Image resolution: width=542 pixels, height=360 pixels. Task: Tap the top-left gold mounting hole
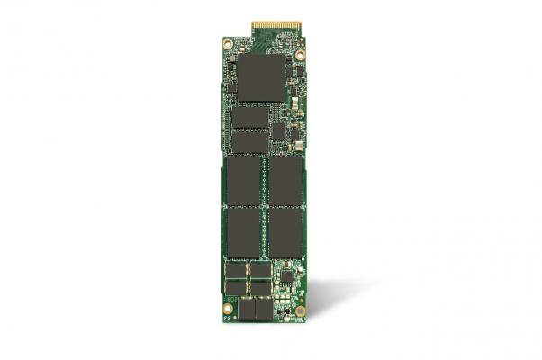point(226,43)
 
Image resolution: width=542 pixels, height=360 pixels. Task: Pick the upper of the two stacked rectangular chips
point(250,117)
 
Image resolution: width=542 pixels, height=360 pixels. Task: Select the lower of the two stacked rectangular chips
point(250,140)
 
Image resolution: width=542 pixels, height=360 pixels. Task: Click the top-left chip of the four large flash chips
point(243,180)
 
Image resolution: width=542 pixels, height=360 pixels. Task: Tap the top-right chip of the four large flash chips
point(286,180)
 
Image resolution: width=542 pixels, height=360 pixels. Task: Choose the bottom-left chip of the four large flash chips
point(243,232)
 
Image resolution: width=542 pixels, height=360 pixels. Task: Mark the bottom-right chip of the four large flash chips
point(286,232)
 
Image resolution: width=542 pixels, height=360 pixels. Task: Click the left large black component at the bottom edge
point(244,310)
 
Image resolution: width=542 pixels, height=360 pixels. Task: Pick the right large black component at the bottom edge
point(263,310)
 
